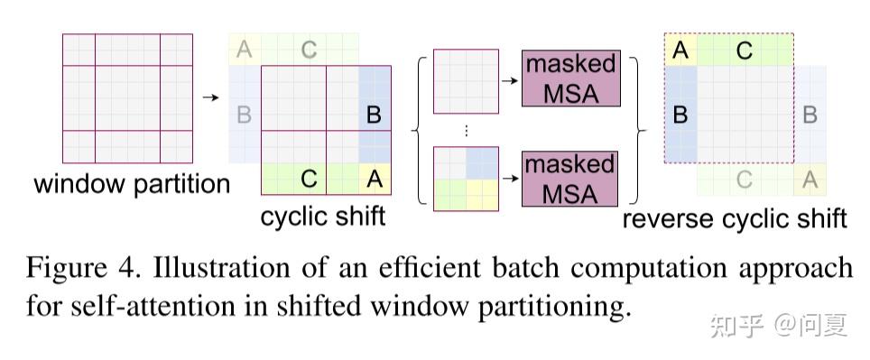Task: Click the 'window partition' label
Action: pos(132,184)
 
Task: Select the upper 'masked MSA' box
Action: pos(570,78)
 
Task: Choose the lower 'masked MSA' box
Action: pos(570,179)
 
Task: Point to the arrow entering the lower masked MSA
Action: pos(510,179)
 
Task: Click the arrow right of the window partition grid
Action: pos(210,97)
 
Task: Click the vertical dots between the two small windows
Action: pos(466,130)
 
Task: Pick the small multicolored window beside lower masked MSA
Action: pos(466,179)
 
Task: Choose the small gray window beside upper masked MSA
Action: pos(466,81)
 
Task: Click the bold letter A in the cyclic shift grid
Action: pos(375,179)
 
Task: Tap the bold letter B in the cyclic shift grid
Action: pos(374,115)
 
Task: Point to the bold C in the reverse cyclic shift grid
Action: pos(744,51)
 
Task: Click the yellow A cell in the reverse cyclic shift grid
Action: pos(680,51)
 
